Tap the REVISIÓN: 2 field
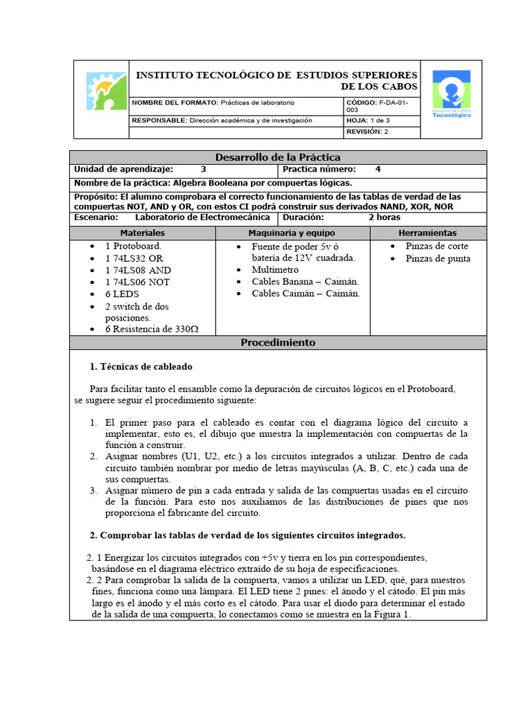click(368, 131)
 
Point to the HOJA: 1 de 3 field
click(369, 120)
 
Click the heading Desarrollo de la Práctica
click(278, 157)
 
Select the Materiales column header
click(142, 233)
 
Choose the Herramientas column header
click(427, 233)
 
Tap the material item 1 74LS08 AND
click(138, 270)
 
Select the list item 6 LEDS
click(123, 294)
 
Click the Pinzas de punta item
click(438, 258)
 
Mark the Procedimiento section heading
click(278, 343)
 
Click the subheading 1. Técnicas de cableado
click(141, 366)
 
